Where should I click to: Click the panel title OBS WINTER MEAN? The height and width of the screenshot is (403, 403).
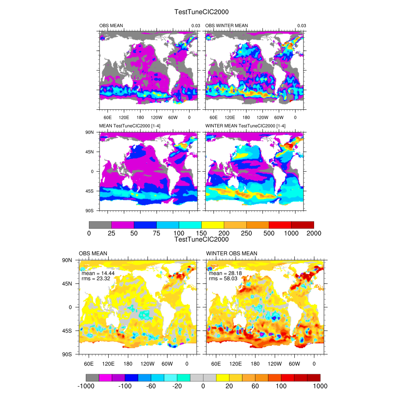(x=226, y=26)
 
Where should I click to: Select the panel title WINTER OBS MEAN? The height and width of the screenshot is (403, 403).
(x=231, y=253)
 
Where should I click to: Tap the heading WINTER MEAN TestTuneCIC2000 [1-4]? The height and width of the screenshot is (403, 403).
(x=245, y=126)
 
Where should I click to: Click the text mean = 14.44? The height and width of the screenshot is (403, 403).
(x=98, y=273)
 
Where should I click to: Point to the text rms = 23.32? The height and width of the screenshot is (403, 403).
(x=96, y=279)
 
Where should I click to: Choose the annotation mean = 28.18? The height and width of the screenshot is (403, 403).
(x=225, y=273)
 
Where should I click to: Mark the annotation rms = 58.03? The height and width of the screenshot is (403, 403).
(x=223, y=279)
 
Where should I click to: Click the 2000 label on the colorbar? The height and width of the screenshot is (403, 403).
(x=314, y=233)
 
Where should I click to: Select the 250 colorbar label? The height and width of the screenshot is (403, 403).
(x=246, y=233)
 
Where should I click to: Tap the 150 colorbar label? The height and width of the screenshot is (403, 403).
(x=201, y=233)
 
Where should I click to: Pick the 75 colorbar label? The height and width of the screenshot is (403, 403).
(x=156, y=233)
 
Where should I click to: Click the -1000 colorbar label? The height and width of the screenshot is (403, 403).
(x=86, y=386)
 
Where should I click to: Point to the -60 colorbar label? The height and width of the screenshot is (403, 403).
(x=151, y=386)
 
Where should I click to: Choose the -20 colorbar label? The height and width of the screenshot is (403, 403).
(x=177, y=386)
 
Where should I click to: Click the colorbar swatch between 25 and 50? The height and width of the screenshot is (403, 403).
(x=123, y=225)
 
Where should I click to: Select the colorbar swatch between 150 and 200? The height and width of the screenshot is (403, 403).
(x=213, y=225)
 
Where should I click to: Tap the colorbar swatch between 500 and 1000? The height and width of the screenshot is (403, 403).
(x=280, y=225)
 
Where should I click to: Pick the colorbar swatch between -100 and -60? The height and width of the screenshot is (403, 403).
(x=138, y=377)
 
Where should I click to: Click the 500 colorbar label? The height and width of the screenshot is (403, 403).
(x=269, y=233)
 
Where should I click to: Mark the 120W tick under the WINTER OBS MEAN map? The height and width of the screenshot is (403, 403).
(x=275, y=364)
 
